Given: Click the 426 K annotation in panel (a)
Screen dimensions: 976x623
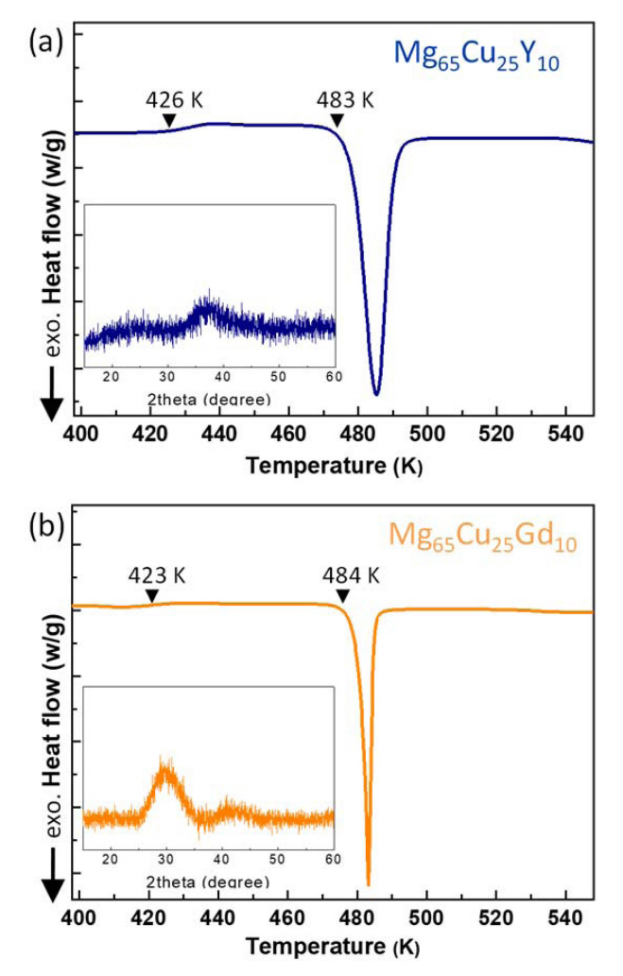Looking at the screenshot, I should point(169,99).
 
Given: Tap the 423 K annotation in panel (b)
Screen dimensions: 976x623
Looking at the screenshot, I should point(152,574).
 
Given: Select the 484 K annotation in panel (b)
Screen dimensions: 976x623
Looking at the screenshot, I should point(345,574).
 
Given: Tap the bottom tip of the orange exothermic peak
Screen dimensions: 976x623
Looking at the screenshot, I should point(368,883).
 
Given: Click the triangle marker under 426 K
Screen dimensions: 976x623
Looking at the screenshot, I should point(168,120).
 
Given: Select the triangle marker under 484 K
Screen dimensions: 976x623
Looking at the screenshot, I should point(343,595).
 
